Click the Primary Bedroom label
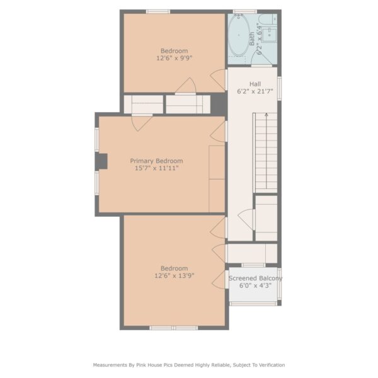coord(156,161)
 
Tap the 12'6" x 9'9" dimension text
coord(175,58)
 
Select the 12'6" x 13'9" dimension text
coord(175,275)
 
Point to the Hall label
coord(255,84)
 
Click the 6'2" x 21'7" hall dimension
coord(255,91)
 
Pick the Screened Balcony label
coord(255,278)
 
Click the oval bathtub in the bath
coord(239,35)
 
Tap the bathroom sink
coord(269,35)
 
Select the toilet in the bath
coord(268,19)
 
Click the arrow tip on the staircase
coord(266,114)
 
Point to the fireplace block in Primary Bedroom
coord(101,161)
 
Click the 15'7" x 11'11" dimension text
coord(156,168)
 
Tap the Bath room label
coord(252,39)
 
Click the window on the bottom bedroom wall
coord(174,328)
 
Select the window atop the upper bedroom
coord(158,11)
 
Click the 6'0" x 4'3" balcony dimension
coord(255,285)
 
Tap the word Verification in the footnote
coord(272,365)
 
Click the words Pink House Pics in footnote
coord(154,365)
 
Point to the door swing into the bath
coord(261,58)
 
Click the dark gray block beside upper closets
coord(219,104)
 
